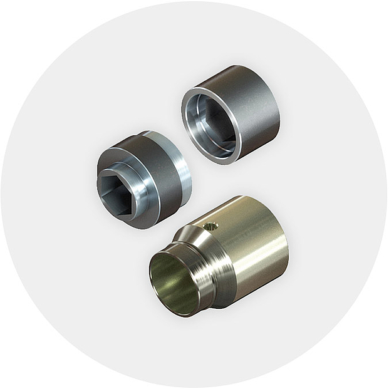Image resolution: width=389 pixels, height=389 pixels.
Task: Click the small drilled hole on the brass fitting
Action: (211, 226)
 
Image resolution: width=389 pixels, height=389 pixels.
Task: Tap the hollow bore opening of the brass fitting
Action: (174, 284)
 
